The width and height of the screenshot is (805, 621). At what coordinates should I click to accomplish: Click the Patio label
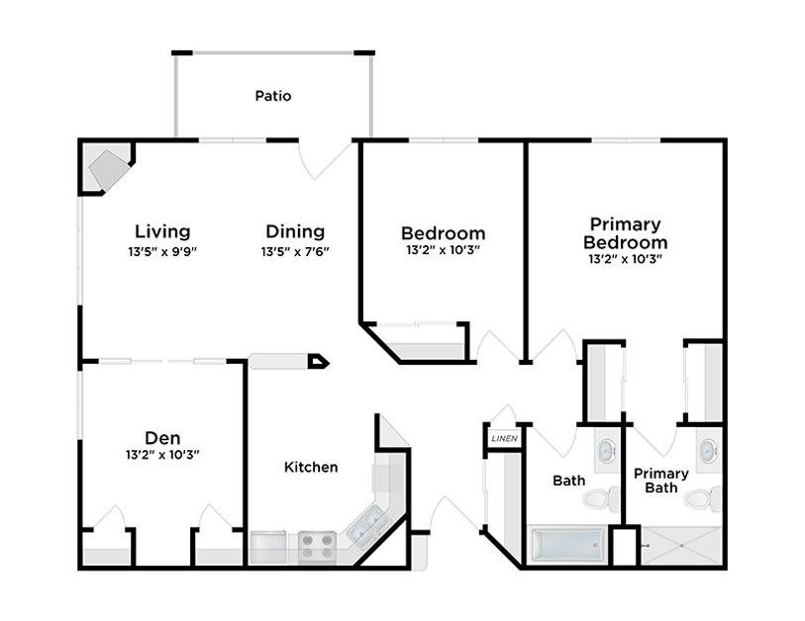click(273, 96)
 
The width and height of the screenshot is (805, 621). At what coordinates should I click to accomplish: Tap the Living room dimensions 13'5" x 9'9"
click(162, 252)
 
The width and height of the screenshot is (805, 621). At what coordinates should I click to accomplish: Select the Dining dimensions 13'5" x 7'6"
click(295, 252)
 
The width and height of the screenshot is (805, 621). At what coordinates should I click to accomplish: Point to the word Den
click(162, 438)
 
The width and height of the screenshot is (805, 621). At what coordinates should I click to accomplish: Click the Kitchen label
click(311, 467)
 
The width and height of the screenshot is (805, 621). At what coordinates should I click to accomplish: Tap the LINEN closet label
click(504, 439)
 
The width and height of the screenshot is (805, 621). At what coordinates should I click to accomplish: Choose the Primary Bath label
click(661, 481)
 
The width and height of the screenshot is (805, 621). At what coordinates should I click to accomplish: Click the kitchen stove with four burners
click(317, 547)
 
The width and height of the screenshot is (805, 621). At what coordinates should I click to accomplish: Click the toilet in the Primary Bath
click(703, 499)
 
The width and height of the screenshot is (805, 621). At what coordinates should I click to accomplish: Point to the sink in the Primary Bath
click(710, 450)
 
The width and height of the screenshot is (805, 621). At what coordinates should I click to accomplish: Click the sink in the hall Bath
click(608, 450)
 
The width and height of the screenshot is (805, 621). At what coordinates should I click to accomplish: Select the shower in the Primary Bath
click(681, 546)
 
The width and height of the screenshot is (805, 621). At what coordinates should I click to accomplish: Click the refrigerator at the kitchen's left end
click(268, 548)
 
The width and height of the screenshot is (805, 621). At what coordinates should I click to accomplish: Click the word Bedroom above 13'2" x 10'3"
click(443, 233)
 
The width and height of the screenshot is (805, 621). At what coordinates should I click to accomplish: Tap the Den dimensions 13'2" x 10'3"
click(162, 455)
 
